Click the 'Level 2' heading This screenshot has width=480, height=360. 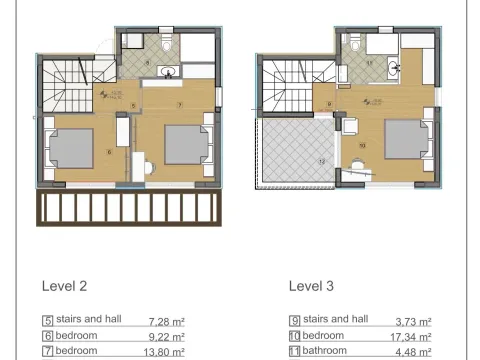[x=64, y=285]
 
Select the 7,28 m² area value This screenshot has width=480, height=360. [x=167, y=321]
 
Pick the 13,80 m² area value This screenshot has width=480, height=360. [x=166, y=351]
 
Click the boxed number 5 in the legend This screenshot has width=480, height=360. [x=47, y=321]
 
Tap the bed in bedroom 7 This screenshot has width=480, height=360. [x=186, y=144]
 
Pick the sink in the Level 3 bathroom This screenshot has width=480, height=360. [x=398, y=68]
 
